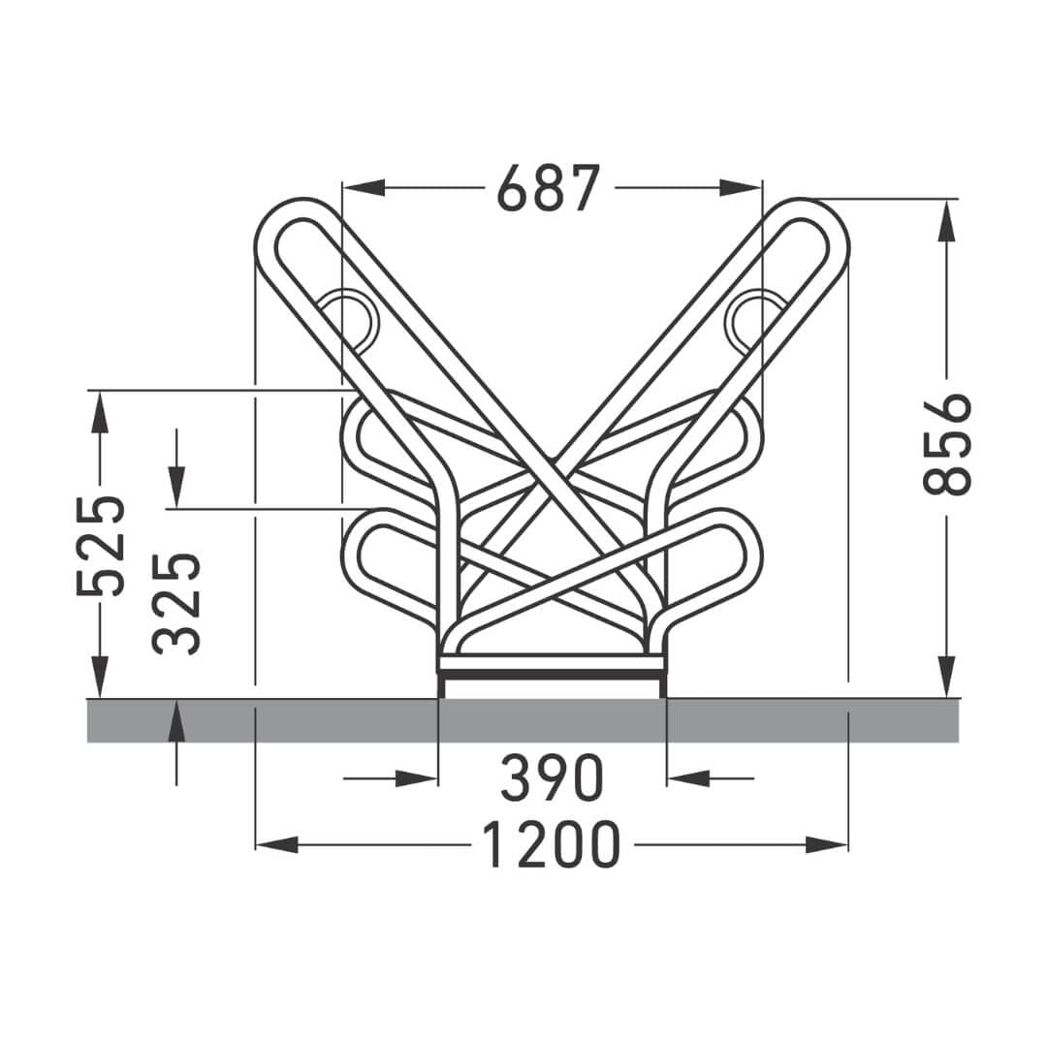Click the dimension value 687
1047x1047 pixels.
[549, 188]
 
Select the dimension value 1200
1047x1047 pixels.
[551, 844]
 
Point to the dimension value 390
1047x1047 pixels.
[553, 777]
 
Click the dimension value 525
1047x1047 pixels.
[100, 546]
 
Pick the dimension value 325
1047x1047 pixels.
[176, 603]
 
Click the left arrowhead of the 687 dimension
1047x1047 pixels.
[364, 188]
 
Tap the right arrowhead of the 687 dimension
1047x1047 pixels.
[740, 188]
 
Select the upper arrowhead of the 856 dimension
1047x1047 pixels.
[947, 221]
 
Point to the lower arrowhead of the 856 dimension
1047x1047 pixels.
[947, 676]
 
